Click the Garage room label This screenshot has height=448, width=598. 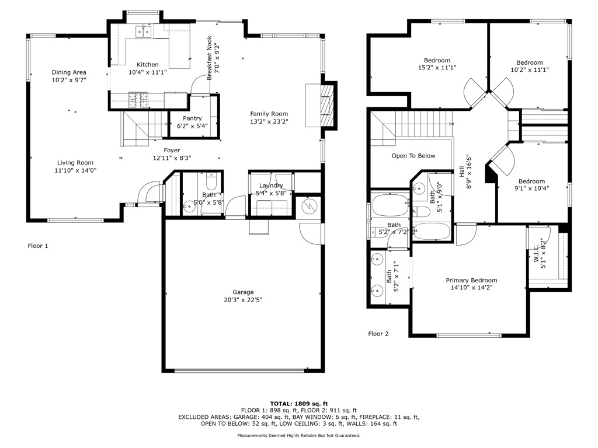coord(243,292)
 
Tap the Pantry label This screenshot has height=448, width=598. coord(192,118)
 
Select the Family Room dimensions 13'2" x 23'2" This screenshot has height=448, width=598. coord(269,122)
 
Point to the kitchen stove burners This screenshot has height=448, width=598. coord(138,101)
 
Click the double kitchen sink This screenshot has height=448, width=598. coord(142,32)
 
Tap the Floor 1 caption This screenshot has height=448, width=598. coord(38,246)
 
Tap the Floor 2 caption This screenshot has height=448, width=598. coord(378,334)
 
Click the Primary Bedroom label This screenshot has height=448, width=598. coord(471,280)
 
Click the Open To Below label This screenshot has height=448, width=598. coord(413,156)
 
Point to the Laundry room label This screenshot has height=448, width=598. coord(270,185)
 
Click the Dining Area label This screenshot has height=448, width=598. coord(69,72)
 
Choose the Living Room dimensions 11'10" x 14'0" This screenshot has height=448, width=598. coord(76,171)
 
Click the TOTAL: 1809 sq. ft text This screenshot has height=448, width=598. coord(298,404)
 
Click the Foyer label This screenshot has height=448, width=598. coord(172,150)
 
